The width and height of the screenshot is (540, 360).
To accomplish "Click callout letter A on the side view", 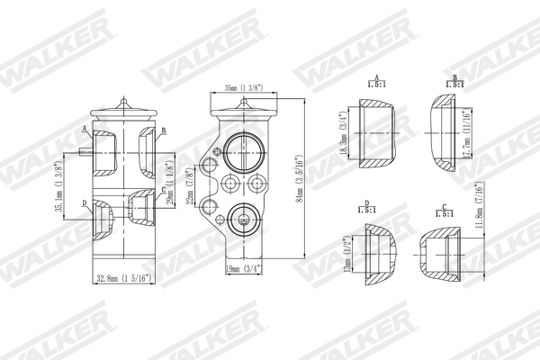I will click(x=83, y=130).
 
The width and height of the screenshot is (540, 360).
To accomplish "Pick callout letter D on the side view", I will click(x=83, y=204).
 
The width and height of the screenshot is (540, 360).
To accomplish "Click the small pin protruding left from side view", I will click(x=84, y=153).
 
